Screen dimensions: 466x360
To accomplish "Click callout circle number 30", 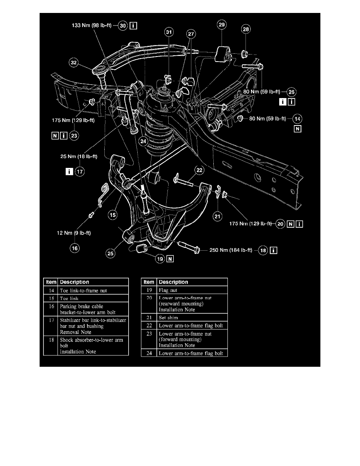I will pyautogui.click(x=123, y=26).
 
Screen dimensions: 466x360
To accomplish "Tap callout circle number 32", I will pyautogui.click(x=74, y=62).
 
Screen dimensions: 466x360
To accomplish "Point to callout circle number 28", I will pyautogui.click(x=246, y=29).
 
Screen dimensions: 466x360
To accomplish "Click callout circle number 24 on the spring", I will pyautogui.click(x=144, y=142).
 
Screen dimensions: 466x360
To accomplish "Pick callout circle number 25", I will pyautogui.click(x=111, y=254).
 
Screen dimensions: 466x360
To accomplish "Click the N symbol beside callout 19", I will pyautogui.click(x=170, y=258).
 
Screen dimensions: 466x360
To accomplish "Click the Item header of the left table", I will pyautogui.click(x=51, y=282).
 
